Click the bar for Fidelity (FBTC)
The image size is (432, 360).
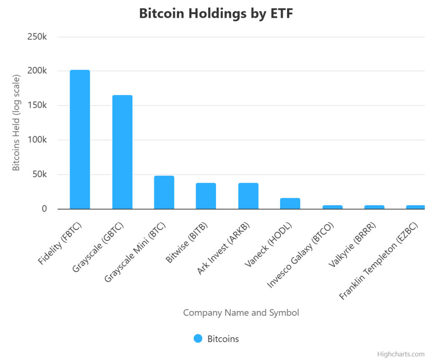click(x=80, y=139)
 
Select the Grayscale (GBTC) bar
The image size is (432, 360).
click(x=122, y=152)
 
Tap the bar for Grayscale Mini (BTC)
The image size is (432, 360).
click(x=164, y=192)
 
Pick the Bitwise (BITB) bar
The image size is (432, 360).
click(x=206, y=196)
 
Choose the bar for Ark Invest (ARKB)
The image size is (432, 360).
click(x=248, y=196)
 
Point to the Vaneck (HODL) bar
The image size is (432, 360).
click(x=290, y=203)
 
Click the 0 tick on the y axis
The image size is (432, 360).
click(x=43, y=209)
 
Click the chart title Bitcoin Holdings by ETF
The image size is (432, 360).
click(x=216, y=14)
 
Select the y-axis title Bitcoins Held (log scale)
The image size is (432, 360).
click(x=16, y=123)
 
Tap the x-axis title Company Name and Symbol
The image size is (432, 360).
click(x=241, y=313)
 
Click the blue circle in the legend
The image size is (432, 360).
click(x=198, y=338)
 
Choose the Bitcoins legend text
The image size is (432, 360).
click(x=223, y=338)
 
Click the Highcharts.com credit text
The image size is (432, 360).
click(x=401, y=354)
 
